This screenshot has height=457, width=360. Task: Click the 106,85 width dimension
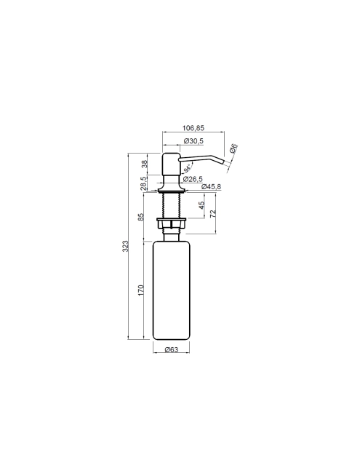pos(193,128)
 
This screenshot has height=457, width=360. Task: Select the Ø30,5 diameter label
pos(193,141)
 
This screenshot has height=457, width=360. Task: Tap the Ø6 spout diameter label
pos(233,148)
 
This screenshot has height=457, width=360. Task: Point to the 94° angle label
pos(187,168)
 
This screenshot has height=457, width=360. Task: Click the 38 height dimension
pos(145,164)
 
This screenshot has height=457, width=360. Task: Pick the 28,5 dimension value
pos(144,183)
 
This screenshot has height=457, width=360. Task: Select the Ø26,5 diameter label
pos(193,179)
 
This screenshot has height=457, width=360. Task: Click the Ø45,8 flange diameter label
pos(211,186)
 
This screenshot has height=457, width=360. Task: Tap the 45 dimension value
pos(201,205)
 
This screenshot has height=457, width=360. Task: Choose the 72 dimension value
pos(213,213)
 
